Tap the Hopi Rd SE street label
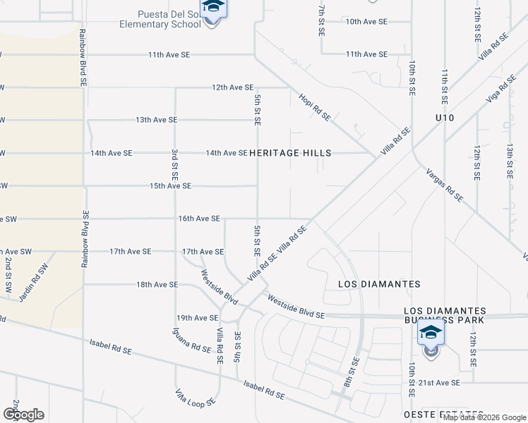314,106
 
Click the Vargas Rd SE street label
444,185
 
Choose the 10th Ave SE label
366,22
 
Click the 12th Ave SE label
232,87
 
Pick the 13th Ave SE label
157,120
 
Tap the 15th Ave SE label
170,186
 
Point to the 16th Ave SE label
199,219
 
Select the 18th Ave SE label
156,284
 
